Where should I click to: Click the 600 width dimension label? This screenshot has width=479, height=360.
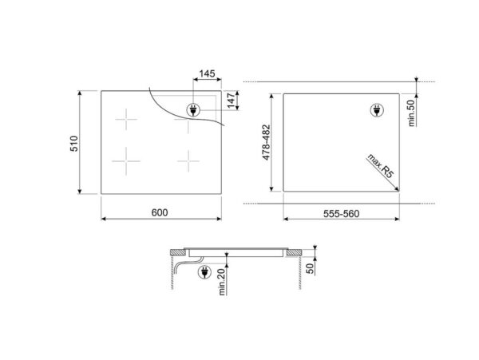[160, 212]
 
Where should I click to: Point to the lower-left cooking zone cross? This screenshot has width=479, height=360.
[125, 162]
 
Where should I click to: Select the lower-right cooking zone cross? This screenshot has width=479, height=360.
[188, 162]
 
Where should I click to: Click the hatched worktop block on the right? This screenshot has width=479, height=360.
[294, 252]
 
